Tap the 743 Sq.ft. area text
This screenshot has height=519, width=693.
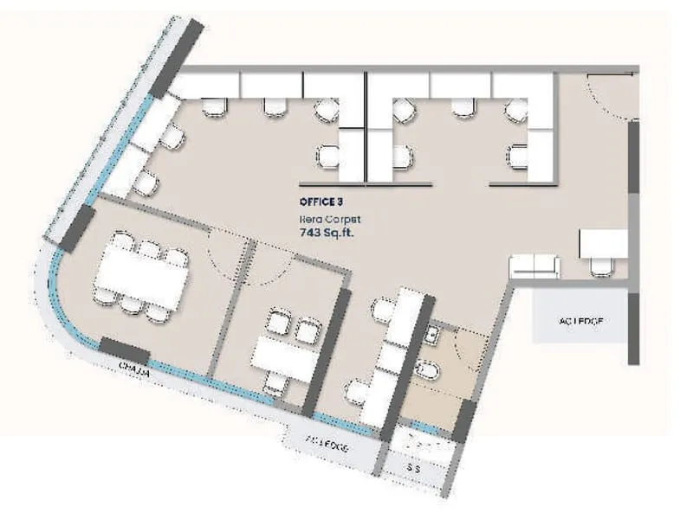327,233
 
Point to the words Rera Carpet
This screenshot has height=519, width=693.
324,219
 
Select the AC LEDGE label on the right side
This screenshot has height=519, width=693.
580,321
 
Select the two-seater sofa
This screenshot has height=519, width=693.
534,266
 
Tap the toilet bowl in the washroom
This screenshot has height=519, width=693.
428,370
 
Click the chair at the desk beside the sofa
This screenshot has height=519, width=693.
601,267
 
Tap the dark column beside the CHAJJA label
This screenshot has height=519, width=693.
124,350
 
